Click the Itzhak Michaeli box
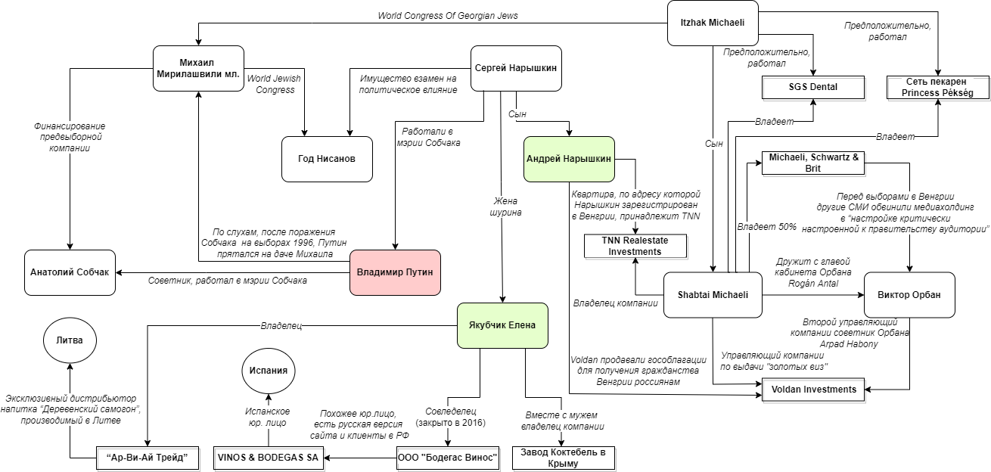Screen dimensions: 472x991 (x=713, y=23)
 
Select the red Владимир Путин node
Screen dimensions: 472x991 (x=395, y=272)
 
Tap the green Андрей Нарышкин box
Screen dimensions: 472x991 (x=570, y=159)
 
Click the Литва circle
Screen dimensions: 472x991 (x=70, y=341)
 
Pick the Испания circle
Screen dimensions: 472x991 (x=269, y=371)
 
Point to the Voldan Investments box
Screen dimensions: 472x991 (x=813, y=390)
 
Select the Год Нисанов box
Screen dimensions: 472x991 (x=327, y=159)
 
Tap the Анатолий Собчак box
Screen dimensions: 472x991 (x=70, y=272)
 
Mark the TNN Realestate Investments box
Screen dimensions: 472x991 (x=635, y=246)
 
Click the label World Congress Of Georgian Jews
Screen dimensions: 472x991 (x=448, y=15)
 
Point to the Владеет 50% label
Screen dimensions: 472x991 (x=766, y=226)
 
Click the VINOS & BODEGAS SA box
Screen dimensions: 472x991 (x=269, y=458)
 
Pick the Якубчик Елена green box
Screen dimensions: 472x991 (x=502, y=325)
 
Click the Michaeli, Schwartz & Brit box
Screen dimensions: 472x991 (x=813, y=163)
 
